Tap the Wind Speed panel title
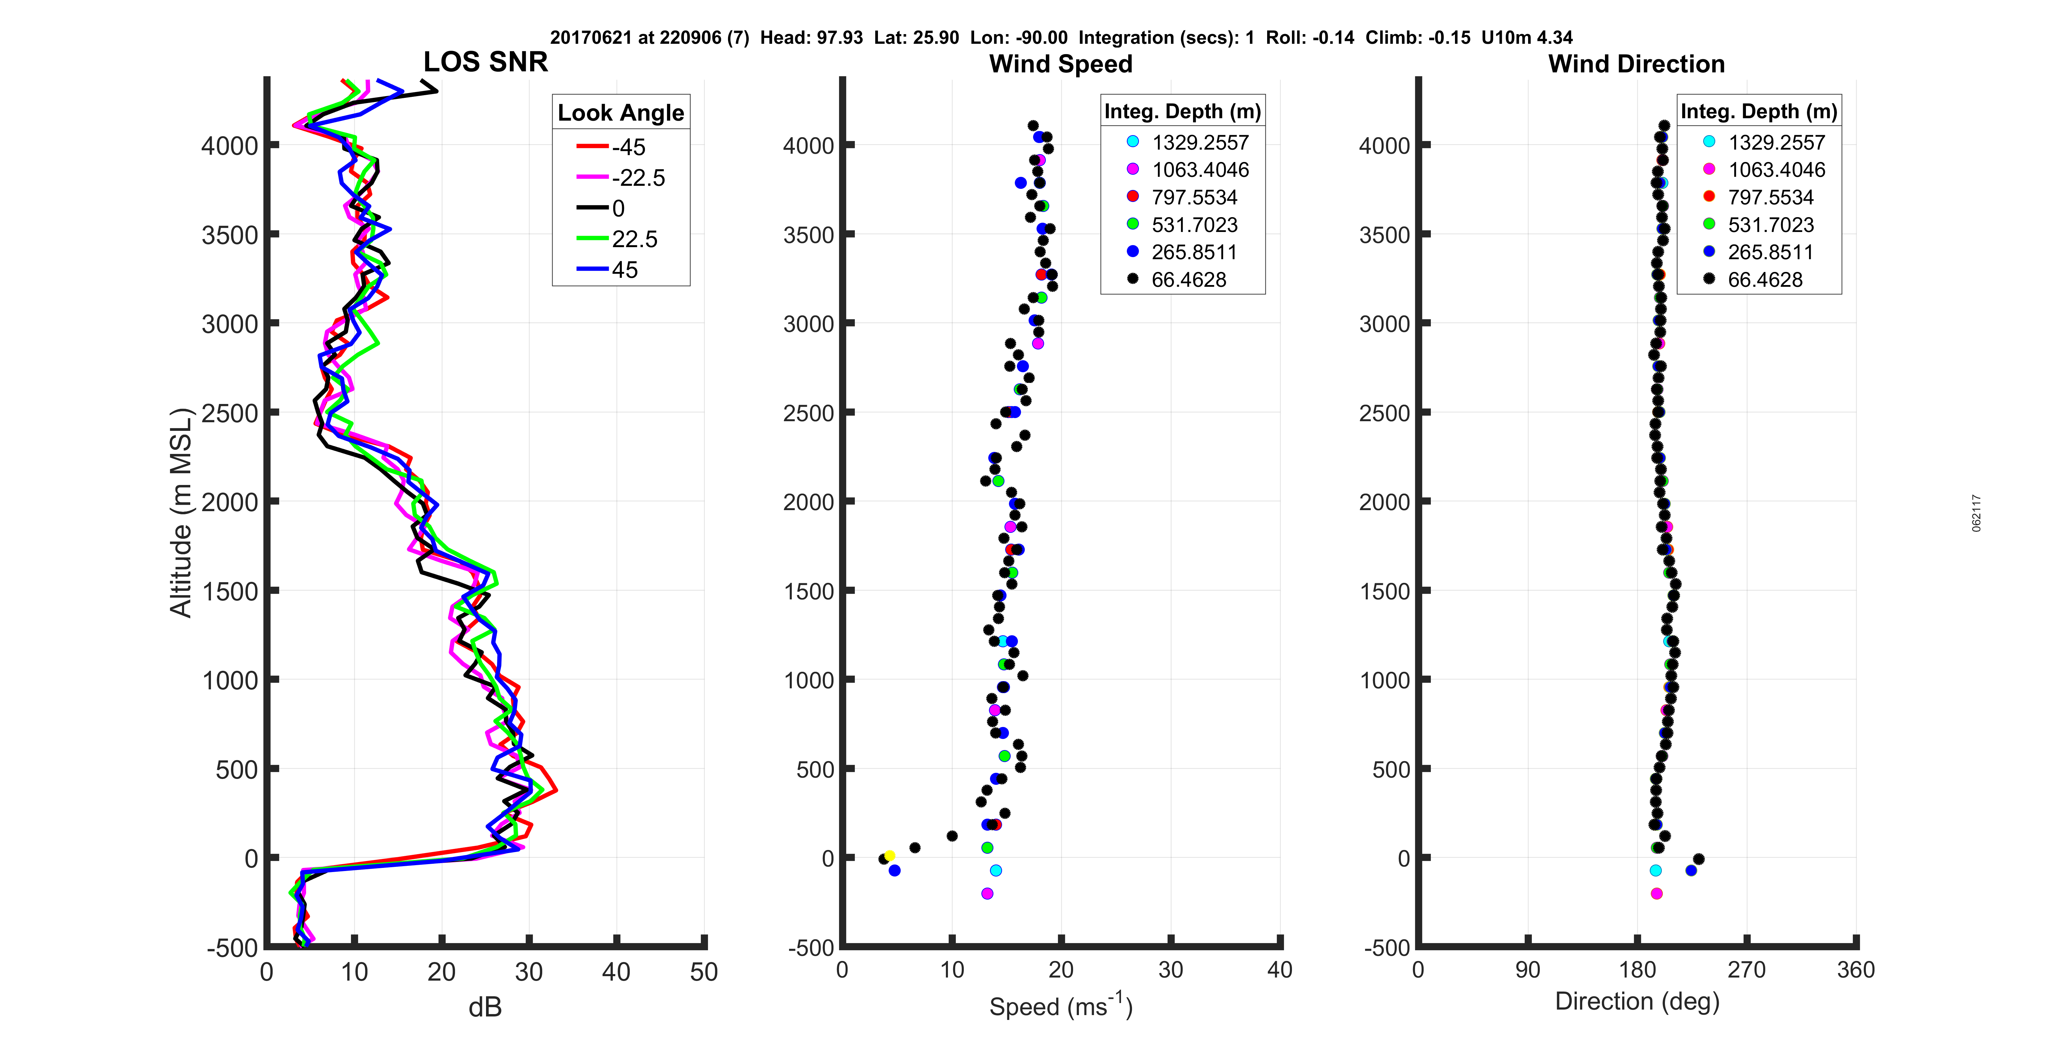1061,64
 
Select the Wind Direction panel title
1636,64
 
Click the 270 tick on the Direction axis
1747,970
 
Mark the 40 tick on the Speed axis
1280,970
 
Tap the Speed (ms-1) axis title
1061,1006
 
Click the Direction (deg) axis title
1637,1002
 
